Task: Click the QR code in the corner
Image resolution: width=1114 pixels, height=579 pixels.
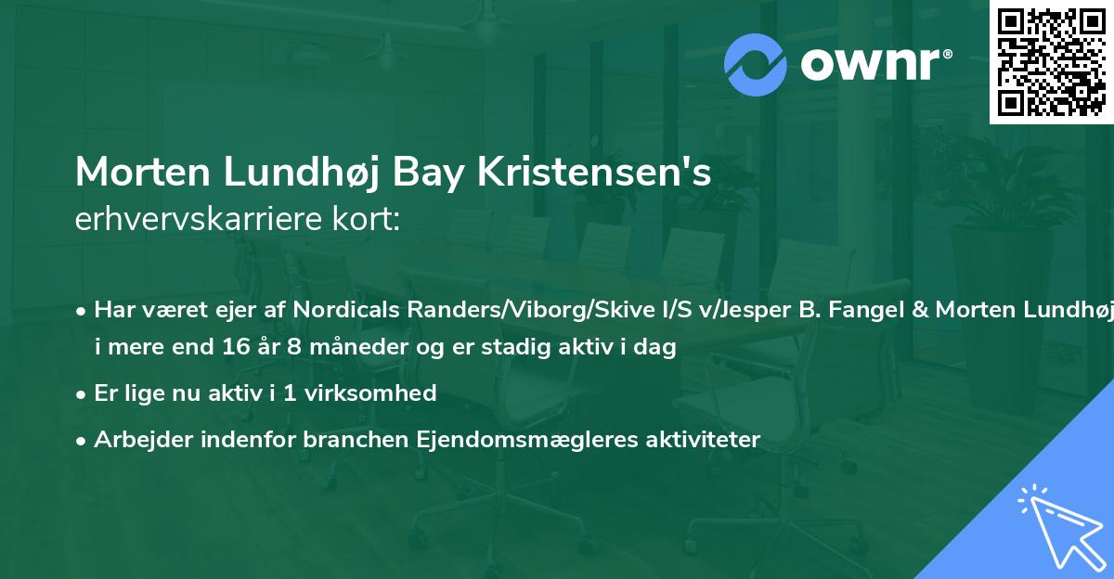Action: coord(1051,62)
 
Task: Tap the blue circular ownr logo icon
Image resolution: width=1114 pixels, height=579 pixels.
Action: coord(756,64)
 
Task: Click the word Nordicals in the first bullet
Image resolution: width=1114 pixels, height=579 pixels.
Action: coord(343,310)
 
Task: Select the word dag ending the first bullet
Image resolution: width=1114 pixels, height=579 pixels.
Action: coord(657,348)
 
